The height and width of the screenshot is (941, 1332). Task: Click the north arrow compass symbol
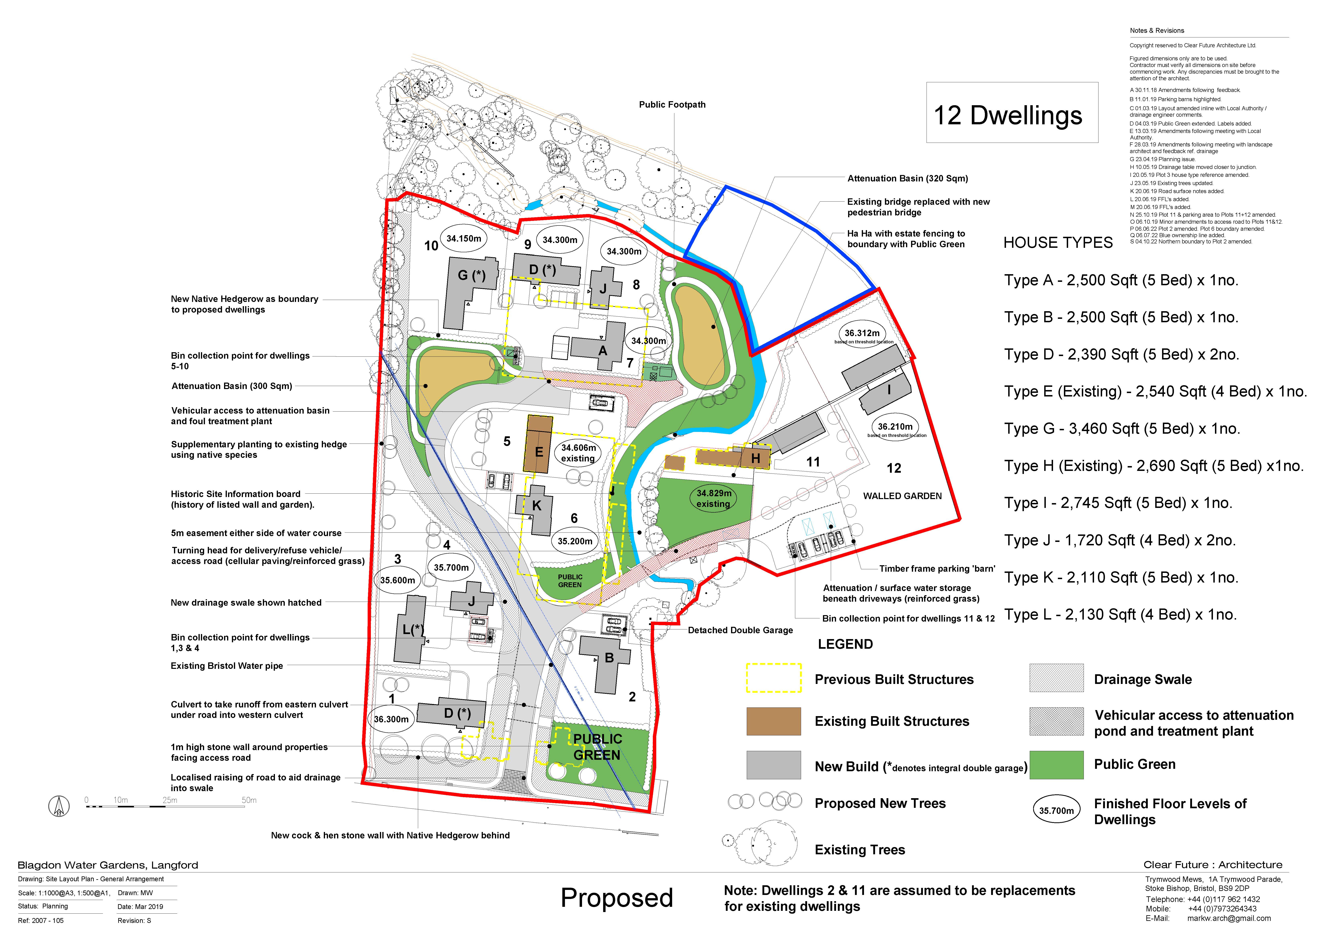coord(59,806)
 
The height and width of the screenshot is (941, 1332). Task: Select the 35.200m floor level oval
coord(575,541)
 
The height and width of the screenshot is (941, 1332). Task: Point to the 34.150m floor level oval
coord(464,238)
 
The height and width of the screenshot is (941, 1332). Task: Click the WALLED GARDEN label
coord(902,496)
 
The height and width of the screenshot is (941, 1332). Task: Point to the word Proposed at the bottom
coord(617,898)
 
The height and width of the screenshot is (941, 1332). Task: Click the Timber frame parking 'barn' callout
coord(937,568)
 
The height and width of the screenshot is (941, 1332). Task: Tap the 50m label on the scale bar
coord(249,800)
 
